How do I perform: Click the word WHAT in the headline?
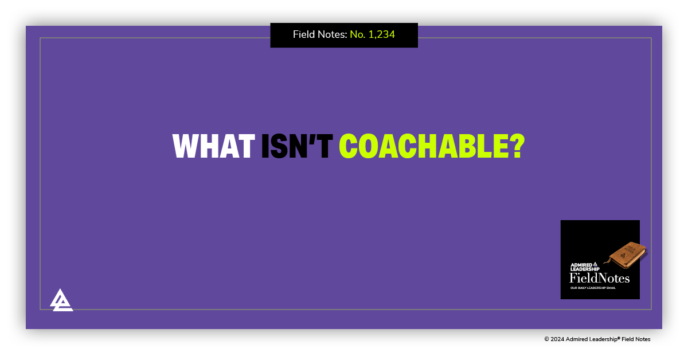213,147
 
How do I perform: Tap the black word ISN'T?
296,147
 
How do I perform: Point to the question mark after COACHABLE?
517,147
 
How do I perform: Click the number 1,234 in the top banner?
381,34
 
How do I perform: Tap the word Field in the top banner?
304,34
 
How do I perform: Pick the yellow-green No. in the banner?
358,34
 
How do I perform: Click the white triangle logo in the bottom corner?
61,300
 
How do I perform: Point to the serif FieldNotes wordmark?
599,279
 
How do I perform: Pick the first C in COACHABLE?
350,147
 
